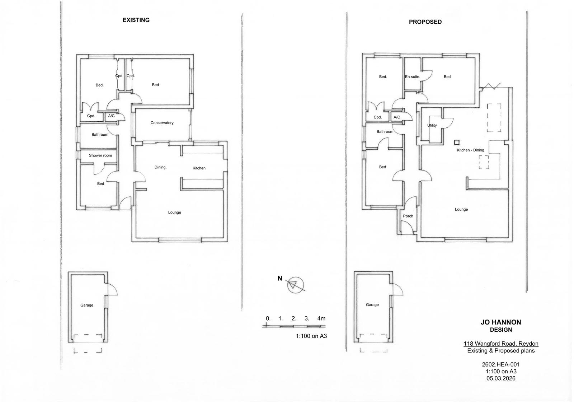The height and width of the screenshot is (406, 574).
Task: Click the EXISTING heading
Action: pos(136,20)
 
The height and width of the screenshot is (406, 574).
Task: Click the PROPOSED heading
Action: pos(425,22)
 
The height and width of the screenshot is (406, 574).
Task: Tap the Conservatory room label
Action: pos(162,123)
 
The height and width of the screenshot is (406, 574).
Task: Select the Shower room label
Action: pos(100,155)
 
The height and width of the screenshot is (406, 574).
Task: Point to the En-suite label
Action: pos(413,77)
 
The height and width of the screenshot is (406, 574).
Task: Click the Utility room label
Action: pos(432,125)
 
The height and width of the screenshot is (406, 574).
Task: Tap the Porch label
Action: pos(408,216)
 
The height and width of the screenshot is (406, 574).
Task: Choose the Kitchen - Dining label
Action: pos(470,150)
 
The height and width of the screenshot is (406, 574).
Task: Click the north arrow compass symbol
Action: pos(295,285)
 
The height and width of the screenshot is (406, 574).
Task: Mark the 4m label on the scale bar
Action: pos(321,318)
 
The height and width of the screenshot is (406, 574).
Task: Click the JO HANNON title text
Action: pos(501,322)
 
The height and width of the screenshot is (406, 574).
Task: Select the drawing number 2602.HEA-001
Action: pos(501,364)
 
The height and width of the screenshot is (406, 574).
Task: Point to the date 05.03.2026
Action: pos(501,378)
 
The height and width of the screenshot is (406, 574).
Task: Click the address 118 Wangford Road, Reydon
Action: pos(501,344)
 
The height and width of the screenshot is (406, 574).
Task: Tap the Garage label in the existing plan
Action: pos(86,305)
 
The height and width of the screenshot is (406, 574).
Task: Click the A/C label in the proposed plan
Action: pos(397,117)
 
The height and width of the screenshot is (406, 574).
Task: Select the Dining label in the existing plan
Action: pos(160,167)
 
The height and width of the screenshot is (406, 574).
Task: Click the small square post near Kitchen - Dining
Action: pos(457,142)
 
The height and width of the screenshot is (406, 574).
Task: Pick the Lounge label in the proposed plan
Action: pos(461,210)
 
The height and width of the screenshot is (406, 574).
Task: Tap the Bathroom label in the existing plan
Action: pos(100,135)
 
